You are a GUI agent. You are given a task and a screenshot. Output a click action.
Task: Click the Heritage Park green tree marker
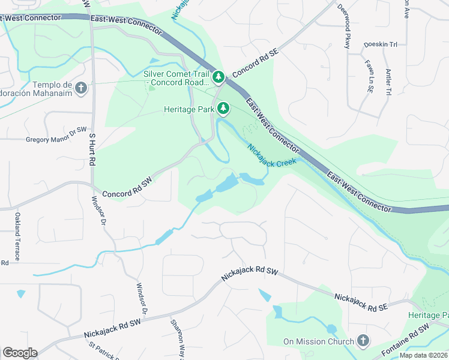223,109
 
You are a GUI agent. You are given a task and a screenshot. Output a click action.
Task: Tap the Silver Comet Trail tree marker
220,77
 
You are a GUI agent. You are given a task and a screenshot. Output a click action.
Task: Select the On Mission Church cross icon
362,341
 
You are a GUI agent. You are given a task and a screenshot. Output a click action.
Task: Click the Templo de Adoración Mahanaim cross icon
82,89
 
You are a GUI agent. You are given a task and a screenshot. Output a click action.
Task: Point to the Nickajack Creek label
272,154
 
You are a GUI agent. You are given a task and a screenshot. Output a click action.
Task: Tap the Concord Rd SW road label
128,187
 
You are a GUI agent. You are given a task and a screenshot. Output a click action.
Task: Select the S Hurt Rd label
92,150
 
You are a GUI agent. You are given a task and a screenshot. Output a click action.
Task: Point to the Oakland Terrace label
18,236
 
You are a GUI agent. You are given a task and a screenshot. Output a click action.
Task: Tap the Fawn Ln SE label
368,75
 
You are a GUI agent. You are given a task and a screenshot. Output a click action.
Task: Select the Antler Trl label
389,81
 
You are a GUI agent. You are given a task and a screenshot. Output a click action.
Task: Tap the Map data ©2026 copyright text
423,355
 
